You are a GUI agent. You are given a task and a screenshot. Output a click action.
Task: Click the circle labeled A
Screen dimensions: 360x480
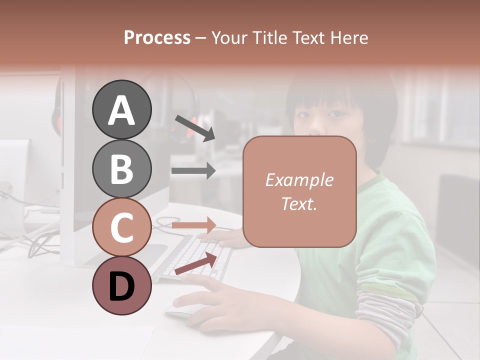pyautogui.click(x=121, y=109)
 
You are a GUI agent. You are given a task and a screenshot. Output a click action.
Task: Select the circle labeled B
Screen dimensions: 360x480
pyautogui.click(x=121, y=168)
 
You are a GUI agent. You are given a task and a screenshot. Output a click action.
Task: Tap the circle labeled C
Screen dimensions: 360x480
pyautogui.click(x=121, y=227)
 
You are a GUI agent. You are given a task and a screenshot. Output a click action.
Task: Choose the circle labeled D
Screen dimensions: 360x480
pyautogui.click(x=121, y=285)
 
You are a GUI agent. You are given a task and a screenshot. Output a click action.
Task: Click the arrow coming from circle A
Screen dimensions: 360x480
pyautogui.click(x=194, y=128)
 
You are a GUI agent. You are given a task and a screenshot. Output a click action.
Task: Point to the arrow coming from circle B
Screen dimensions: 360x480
pyautogui.click(x=193, y=171)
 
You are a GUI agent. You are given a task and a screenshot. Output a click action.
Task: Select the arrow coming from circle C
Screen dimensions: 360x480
pyautogui.click(x=193, y=225)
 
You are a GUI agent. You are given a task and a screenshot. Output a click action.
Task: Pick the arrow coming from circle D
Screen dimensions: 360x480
pyautogui.click(x=195, y=263)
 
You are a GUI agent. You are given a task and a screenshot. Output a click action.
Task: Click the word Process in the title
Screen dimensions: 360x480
pyautogui.click(x=157, y=38)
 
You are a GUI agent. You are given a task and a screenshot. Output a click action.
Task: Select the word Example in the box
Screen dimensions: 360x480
pyautogui.click(x=299, y=180)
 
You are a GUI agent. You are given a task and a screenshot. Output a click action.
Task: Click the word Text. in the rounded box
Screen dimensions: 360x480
pyautogui.click(x=299, y=203)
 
